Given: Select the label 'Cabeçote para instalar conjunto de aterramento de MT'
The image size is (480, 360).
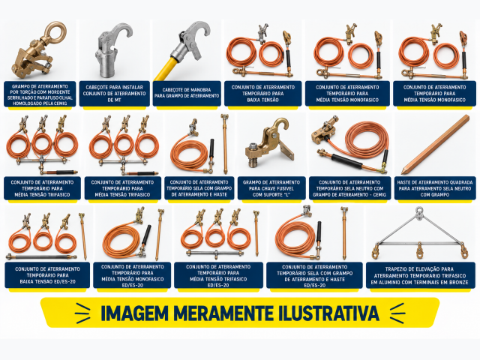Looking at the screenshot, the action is point(114,94).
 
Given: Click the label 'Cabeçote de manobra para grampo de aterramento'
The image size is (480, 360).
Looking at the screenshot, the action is point(187,93).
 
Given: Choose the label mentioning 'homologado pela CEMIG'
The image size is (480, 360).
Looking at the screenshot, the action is point(40,94).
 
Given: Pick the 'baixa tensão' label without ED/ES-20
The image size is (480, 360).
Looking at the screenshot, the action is point(262,94).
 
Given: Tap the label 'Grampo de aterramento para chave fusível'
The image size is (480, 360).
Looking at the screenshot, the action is point(271,188).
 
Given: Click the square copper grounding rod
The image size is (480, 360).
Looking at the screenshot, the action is point(435,145).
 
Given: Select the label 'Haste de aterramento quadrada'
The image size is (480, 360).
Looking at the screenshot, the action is point(435,188).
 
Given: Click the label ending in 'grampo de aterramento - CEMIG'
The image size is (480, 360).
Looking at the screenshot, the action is point(349,188).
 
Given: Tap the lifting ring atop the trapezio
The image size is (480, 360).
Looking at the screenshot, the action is point(419,211).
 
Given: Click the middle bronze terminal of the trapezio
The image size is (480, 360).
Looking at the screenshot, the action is point(419,251).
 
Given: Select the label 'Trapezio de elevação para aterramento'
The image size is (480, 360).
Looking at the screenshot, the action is point(419,275).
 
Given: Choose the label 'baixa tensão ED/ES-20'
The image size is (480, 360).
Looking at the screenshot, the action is point(47,275).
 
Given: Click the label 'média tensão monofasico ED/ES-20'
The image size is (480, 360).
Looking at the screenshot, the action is point(132,275).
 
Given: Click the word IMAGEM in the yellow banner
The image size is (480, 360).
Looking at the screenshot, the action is point(135,313).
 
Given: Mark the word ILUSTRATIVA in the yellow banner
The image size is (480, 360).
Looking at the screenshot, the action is point(328,313).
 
